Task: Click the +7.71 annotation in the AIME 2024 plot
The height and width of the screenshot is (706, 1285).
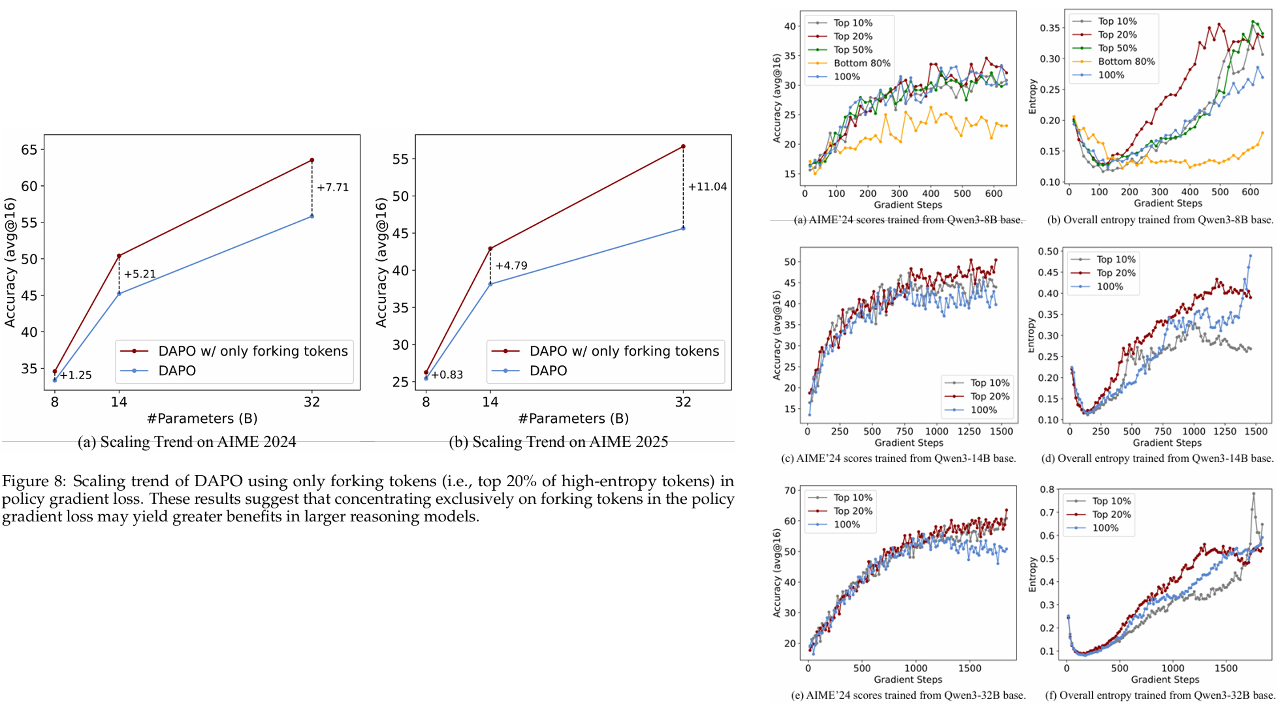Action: [333, 188]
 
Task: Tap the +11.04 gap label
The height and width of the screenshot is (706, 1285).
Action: [707, 187]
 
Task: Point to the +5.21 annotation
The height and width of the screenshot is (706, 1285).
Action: [140, 274]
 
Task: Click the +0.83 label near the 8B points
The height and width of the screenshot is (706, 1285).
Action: [447, 375]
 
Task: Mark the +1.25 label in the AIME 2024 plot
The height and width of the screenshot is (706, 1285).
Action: [76, 375]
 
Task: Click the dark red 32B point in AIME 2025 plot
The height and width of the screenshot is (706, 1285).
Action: [683, 147]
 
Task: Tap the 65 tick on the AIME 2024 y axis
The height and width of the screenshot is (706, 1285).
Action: [29, 150]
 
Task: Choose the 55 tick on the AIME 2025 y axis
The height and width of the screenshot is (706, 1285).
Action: [400, 159]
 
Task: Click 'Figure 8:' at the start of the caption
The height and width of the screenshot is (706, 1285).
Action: [34, 481]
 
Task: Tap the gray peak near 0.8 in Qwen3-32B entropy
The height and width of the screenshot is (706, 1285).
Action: [1254, 494]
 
